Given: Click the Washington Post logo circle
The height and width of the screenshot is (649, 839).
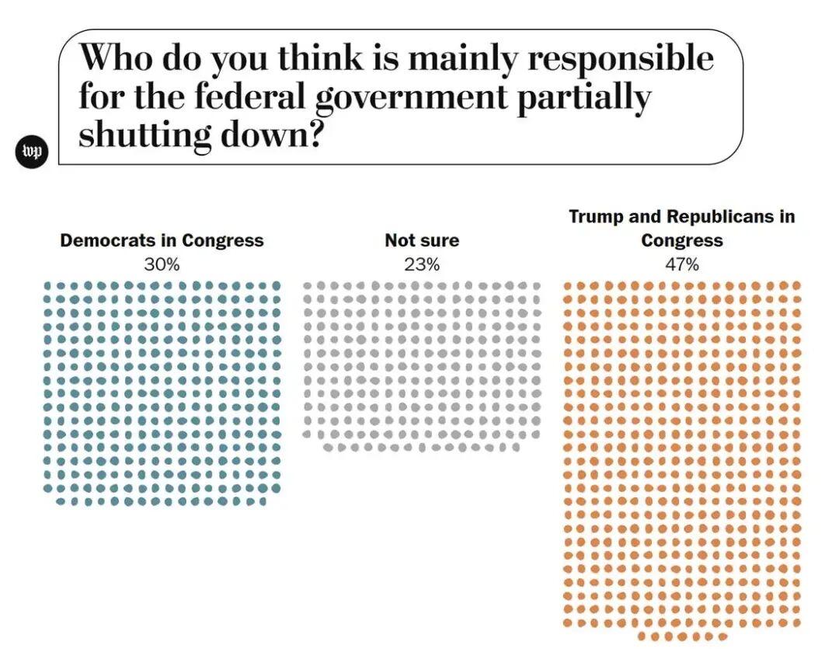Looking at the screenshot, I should pos(33,152).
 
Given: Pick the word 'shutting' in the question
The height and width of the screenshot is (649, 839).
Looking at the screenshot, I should pos(144,136).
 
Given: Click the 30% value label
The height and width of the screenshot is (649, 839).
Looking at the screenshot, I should pos(162,264).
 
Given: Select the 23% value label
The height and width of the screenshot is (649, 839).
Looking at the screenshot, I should pos(422,264).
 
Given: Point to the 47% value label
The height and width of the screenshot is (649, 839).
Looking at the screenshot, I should pos(682,264).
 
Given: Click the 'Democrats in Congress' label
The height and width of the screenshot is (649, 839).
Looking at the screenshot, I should pos(162,241).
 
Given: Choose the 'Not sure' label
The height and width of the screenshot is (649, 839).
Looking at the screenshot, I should pos(422,241).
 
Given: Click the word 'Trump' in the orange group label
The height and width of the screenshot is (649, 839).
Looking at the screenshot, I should pos(595,216).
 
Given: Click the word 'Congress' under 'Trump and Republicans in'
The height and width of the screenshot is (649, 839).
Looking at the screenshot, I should pos(682,241).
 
